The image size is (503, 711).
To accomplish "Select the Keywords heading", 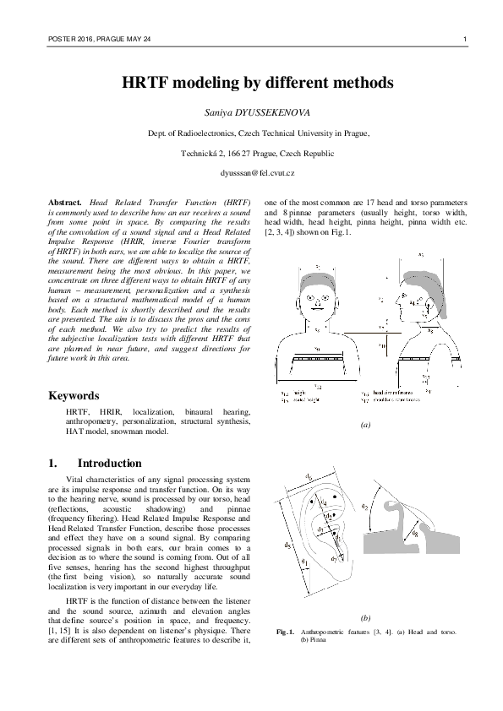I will point(74,395).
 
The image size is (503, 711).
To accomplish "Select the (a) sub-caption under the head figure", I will point(365,426).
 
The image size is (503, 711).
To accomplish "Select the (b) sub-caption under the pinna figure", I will point(365,618).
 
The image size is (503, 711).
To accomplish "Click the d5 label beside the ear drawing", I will point(289,545).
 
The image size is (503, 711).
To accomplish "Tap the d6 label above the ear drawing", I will point(309,478).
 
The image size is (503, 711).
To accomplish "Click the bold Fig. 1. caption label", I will point(287,632).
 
